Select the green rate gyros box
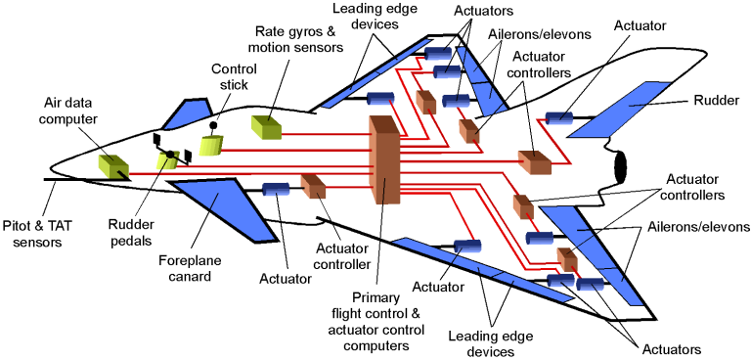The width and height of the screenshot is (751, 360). (x=266, y=127)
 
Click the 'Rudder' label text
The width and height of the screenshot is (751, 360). (x=717, y=100)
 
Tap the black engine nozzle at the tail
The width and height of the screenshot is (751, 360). (x=620, y=167)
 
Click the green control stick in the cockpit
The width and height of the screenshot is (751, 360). (x=212, y=145)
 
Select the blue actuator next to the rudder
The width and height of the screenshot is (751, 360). (x=559, y=118)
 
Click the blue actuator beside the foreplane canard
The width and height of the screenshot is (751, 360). (x=277, y=189)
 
